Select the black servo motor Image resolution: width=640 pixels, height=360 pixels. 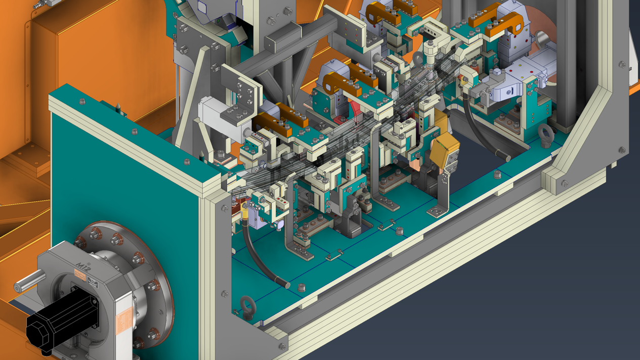[x=61, y=316]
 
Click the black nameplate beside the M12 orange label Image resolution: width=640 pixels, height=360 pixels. [x=93, y=282]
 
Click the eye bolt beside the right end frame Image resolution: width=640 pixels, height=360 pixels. [x=546, y=135]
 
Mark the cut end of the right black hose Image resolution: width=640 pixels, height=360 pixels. [x=507, y=158]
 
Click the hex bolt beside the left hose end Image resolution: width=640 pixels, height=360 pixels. [x=302, y=287]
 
